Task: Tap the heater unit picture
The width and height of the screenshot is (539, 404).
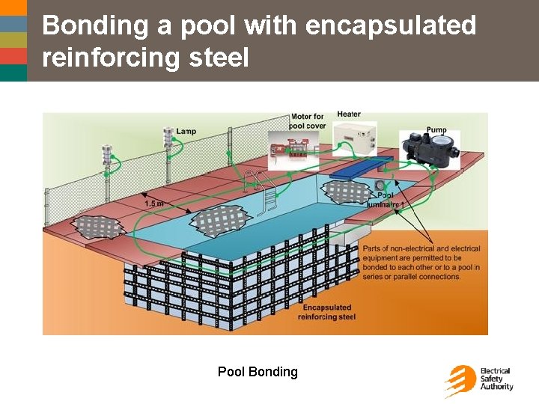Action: coord(356,138)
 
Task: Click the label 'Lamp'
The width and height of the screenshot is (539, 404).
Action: coord(186,132)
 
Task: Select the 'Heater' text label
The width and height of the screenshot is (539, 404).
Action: coord(349,114)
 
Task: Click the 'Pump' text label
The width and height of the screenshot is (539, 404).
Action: coord(436,130)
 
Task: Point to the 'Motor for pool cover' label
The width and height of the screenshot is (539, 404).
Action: coord(307,120)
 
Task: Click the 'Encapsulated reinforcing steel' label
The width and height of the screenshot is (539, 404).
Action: coord(326,312)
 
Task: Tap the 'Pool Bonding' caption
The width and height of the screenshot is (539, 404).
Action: coord(258,372)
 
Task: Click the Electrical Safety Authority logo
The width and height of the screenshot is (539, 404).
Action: coord(478,380)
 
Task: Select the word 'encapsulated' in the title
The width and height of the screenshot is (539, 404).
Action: coord(391,25)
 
